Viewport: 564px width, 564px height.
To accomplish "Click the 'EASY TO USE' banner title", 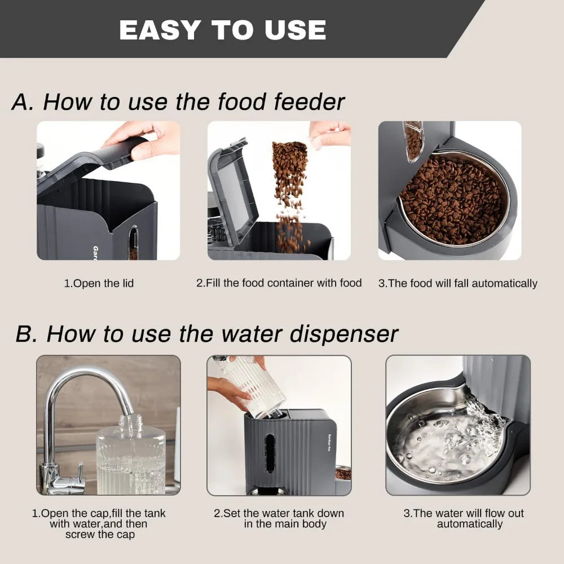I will tap(223, 30).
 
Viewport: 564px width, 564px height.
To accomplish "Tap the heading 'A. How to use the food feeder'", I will tap(178, 102).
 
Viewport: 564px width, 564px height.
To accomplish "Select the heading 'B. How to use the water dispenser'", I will tap(206, 333).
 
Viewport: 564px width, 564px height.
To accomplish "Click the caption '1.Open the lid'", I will tap(99, 283).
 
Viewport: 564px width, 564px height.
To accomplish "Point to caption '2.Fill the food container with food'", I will tap(279, 283).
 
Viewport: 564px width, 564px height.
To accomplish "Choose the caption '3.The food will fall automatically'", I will tap(457, 283).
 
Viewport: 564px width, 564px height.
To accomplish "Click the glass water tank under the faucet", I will tap(130, 457).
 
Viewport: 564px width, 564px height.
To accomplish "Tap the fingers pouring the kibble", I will tap(330, 134).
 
